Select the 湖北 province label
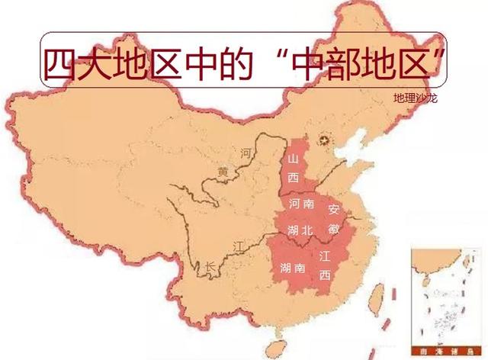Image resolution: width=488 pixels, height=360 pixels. pos(300,230)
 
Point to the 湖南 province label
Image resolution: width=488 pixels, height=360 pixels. pos(288,268)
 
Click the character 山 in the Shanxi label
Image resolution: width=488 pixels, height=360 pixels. pos(294,159)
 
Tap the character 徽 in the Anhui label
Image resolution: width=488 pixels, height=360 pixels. pos(333,228)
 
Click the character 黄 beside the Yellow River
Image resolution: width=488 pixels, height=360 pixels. pos(222,172)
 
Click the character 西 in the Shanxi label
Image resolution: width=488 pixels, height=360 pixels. pos(294,177)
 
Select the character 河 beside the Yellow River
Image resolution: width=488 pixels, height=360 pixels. pos(246,153)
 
